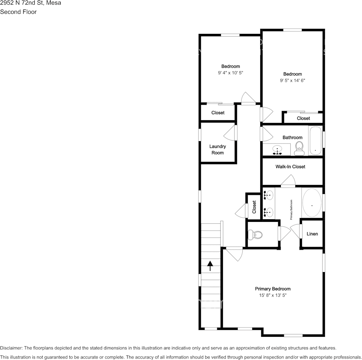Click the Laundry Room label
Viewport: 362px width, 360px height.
pyautogui.click(x=218, y=150)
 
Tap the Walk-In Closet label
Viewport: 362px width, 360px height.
pyautogui.click(x=290, y=167)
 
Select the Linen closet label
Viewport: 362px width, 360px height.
pyautogui.click(x=312, y=234)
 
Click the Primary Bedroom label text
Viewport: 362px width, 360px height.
pyautogui.click(x=273, y=289)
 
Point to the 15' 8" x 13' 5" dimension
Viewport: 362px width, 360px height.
pyautogui.click(x=273, y=295)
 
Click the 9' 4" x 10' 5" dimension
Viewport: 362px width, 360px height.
pyautogui.click(x=231, y=73)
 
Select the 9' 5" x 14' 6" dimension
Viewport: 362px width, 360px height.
pyautogui.click(x=293, y=80)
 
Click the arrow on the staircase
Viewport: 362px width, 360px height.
pyautogui.click(x=210, y=265)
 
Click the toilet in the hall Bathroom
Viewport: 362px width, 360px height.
pyautogui.click(x=299, y=148)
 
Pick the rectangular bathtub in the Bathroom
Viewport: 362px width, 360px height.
pyautogui.click(x=315, y=141)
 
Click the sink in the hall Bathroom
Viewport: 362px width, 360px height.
pyautogui.click(x=277, y=150)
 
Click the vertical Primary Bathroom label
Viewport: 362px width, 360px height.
pyautogui.click(x=292, y=209)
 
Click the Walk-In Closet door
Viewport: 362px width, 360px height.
pyautogui.click(x=288, y=182)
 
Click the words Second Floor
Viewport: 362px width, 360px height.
pyautogui.click(x=18, y=12)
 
